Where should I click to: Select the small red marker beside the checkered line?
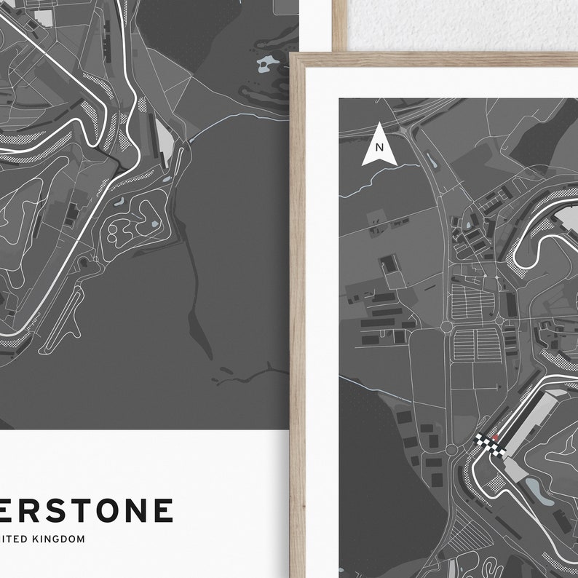click(x=496, y=437)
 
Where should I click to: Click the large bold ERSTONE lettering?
click(x=87, y=510)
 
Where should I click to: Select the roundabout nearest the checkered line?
click(x=452, y=450)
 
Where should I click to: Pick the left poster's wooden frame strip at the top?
click(x=339, y=22)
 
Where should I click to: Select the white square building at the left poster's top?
click(x=44, y=17)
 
